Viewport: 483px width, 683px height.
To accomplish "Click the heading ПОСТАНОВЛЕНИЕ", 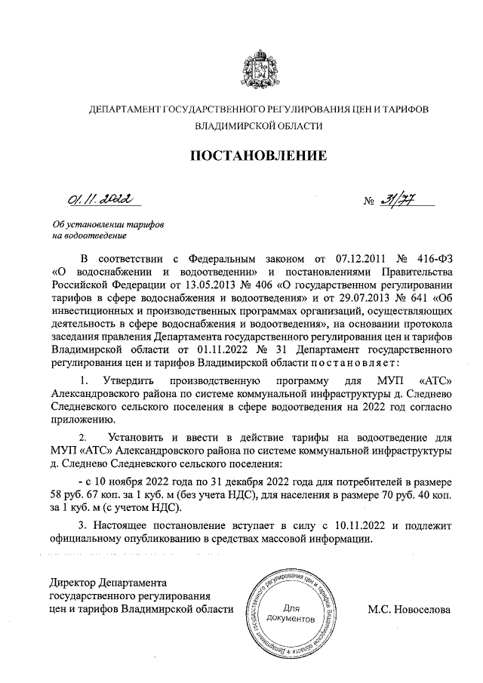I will (x=257, y=156).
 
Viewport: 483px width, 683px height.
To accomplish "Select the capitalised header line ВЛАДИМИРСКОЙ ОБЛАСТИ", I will (x=258, y=128).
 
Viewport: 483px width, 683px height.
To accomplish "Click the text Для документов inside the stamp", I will (x=290, y=613).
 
